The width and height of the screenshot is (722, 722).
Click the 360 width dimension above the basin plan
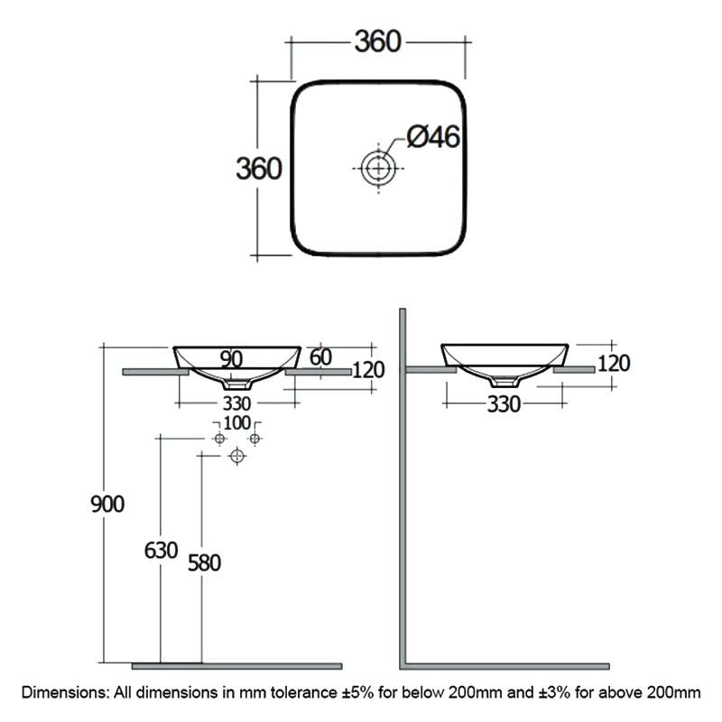tap(377, 42)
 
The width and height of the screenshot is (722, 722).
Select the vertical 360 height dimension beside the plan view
tap(259, 169)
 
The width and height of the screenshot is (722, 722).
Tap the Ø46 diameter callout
tap(433, 136)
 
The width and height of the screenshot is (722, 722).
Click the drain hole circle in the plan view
tap(377, 167)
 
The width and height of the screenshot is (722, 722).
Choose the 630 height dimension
tap(160, 551)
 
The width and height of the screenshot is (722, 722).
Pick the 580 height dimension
tap(203, 562)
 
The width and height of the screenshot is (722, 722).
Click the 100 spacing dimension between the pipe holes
tap(236, 423)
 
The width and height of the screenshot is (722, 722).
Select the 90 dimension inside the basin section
tap(231, 359)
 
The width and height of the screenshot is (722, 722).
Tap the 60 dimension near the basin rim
tap(320, 356)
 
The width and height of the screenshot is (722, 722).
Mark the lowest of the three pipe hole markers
tap(237, 457)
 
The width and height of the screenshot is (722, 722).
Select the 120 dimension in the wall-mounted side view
tap(613, 364)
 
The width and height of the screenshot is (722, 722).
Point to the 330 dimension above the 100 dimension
tap(236, 403)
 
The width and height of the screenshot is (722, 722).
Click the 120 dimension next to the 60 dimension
tap(368, 369)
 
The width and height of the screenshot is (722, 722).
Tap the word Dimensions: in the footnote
tap(64, 693)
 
